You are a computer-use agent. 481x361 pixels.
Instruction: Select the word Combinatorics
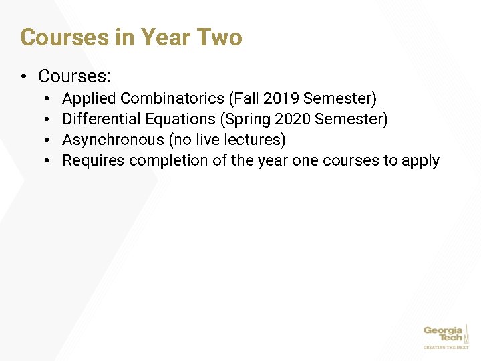click(173, 99)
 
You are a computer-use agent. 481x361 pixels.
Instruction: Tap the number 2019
click(281, 99)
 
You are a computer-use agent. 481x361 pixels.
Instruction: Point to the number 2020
click(293, 120)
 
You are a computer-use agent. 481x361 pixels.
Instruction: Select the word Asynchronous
click(113, 140)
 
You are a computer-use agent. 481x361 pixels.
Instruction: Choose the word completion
click(168, 161)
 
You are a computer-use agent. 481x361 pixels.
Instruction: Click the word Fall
click(247, 99)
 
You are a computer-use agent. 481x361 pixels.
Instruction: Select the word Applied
click(89, 99)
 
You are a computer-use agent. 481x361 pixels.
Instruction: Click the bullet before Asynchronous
click(49, 140)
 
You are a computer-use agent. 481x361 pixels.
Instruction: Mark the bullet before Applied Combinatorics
click(49, 99)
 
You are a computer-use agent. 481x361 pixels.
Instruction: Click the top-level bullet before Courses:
click(25, 76)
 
